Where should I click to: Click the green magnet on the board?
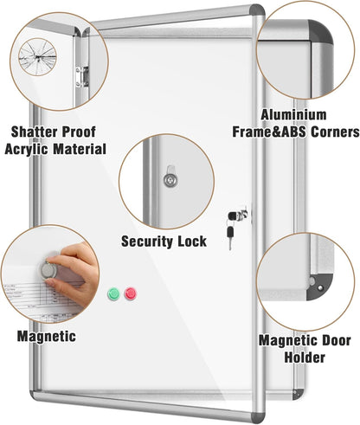112,293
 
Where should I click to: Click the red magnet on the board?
131,293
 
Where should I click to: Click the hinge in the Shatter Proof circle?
81,74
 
